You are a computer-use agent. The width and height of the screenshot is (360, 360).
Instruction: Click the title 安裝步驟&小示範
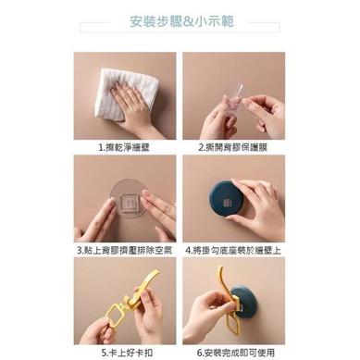click(180, 22)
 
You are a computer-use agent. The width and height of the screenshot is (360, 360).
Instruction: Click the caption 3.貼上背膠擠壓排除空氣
click(126, 249)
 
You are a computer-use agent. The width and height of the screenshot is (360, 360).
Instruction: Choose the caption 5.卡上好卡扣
click(126, 352)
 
